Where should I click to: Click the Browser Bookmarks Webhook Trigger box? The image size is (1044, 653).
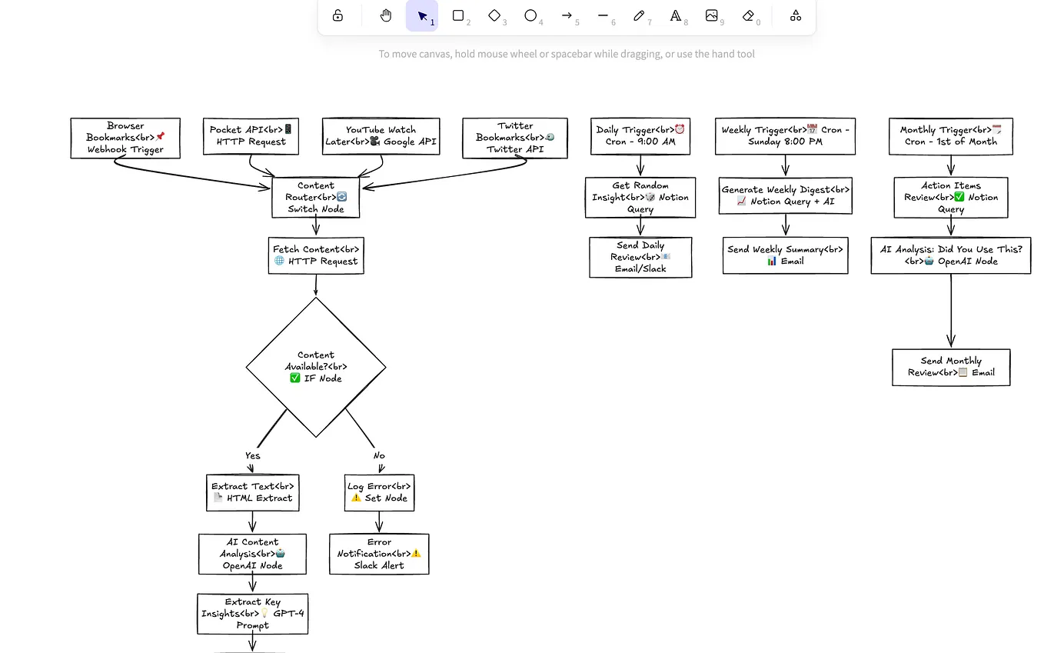[125, 138]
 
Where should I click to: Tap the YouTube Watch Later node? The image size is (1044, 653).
[381, 136]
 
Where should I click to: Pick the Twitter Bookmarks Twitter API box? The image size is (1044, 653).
[515, 138]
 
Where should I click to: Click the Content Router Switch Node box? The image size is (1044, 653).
[315, 197]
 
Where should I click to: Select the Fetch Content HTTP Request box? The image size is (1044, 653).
[315, 255]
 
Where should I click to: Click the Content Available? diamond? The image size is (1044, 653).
[316, 367]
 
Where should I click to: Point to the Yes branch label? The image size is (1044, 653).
[253, 455]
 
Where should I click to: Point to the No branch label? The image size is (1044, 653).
[379, 455]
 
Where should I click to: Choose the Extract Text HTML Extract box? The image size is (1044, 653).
[252, 492]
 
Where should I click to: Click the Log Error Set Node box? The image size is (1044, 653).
[379, 492]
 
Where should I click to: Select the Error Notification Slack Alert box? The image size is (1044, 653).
[379, 554]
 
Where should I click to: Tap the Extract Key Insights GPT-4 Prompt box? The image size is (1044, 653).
[253, 614]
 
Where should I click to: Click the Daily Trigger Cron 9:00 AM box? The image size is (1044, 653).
[640, 136]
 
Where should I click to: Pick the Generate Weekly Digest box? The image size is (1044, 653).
[785, 195]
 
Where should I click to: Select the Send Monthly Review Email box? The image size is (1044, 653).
[951, 367]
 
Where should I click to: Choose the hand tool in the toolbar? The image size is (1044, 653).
[386, 16]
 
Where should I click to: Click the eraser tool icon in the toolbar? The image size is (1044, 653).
[749, 16]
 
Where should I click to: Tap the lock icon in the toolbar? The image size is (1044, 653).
[337, 16]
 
